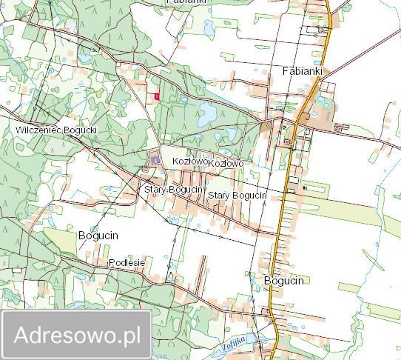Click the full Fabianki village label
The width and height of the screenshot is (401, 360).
[x=303, y=71]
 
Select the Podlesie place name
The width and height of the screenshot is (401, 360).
[x=127, y=263]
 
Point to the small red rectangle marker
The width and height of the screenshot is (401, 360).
[x=157, y=96]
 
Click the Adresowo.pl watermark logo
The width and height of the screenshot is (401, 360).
[x=77, y=335]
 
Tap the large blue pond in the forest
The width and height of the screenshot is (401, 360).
[x=206, y=113]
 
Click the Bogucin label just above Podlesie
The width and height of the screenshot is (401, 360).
[x=98, y=235]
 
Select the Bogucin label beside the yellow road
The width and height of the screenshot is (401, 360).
[x=283, y=281]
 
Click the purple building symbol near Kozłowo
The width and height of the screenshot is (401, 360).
[x=154, y=158]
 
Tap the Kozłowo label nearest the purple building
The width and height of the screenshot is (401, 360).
[x=188, y=161]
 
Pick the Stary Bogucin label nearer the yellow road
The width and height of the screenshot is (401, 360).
[x=237, y=195]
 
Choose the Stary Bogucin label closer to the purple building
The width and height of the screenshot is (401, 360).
[x=174, y=190]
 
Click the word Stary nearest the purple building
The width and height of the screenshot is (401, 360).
[x=155, y=190]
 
